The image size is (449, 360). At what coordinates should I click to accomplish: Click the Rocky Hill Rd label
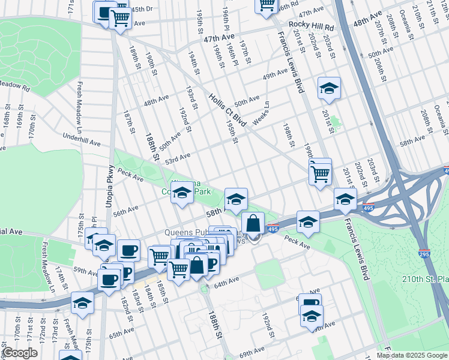point(311,25)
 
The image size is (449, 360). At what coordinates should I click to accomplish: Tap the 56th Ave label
point(125,210)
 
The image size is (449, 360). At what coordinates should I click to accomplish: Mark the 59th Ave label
point(85,271)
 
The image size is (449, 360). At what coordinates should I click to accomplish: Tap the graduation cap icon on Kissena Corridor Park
point(183,193)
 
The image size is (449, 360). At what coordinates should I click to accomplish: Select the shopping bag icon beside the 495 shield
point(253,223)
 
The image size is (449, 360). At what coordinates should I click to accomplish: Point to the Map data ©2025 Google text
point(411,355)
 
